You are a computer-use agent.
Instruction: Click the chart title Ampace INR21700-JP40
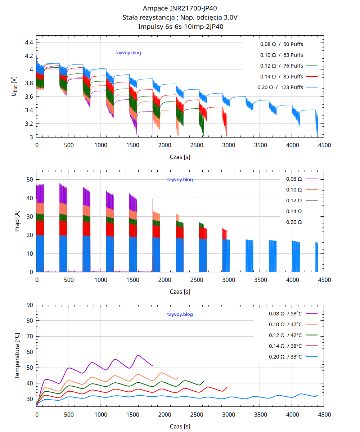pos(180,8)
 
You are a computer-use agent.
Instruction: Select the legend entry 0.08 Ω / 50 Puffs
pos(282,44)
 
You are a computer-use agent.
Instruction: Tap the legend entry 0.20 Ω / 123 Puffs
pos(280,87)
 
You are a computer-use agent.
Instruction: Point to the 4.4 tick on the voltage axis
pos(29,42)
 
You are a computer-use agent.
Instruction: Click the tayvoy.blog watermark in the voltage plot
pos(128,53)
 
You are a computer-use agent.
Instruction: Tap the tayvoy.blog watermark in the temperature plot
pos(180,314)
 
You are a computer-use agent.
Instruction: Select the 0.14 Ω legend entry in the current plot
pos(294,211)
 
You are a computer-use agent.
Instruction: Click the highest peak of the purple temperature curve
pos(138,355)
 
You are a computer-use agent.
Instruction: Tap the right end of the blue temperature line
pos(318,395)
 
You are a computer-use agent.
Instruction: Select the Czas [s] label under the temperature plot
pos(180,427)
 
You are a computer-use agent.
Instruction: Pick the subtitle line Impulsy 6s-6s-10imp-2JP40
pos(180,26)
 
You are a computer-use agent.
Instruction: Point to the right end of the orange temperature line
pos(178,377)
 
